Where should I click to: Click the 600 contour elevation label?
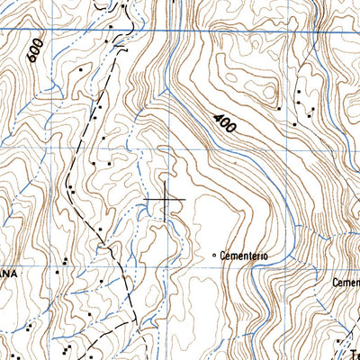click(34, 52)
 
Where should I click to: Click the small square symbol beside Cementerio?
click(213, 256)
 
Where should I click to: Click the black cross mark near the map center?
click(166, 198)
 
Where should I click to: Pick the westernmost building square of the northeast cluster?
click(280, 109)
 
